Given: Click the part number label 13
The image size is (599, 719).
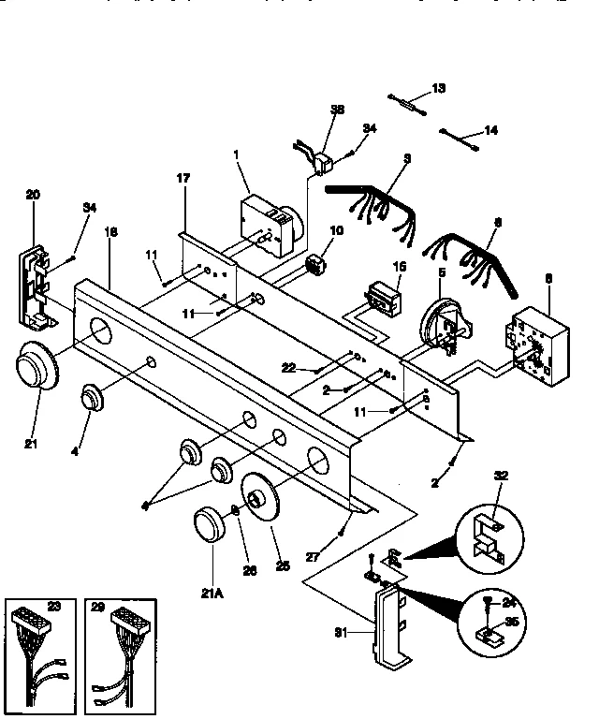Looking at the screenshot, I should [x=439, y=88].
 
